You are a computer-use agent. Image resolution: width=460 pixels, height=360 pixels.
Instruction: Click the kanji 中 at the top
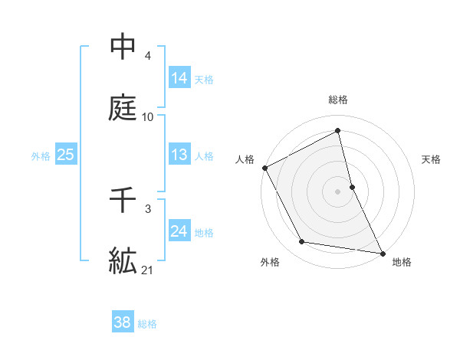[x=123, y=47]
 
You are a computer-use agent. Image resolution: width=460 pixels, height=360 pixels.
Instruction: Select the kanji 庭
[x=123, y=108]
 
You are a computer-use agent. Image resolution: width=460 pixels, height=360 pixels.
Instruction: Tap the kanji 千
[x=123, y=201]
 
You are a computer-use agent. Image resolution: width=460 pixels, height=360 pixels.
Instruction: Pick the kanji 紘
[x=123, y=261]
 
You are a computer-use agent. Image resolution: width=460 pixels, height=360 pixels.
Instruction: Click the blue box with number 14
[x=179, y=78]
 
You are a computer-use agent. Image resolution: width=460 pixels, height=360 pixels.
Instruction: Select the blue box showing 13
[x=179, y=155]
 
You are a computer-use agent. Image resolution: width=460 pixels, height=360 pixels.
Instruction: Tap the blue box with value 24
[x=179, y=231]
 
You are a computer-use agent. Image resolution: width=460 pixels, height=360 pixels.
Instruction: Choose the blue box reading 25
[x=66, y=155]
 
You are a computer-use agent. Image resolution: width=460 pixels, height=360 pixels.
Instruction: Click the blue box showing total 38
[x=122, y=322]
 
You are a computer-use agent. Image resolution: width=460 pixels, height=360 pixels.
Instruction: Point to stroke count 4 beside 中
[x=148, y=56]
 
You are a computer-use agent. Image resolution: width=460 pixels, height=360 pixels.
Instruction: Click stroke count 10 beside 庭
[x=148, y=117]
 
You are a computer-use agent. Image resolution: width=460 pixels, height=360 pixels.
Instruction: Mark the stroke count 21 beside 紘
[x=148, y=270]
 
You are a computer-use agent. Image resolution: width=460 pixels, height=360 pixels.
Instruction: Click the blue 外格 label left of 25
[x=41, y=156]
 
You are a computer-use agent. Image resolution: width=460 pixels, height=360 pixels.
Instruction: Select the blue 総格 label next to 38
[x=147, y=324]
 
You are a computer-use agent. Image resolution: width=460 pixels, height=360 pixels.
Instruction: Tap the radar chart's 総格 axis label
[x=338, y=100]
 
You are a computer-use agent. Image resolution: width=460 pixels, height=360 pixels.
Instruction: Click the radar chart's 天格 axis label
[x=431, y=159]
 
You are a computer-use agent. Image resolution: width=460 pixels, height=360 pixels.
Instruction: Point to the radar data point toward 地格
[x=382, y=252]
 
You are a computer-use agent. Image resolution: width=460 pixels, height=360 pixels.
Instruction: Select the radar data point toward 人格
[x=264, y=168]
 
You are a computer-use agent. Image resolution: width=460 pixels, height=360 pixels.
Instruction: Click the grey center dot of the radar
[x=338, y=191]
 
